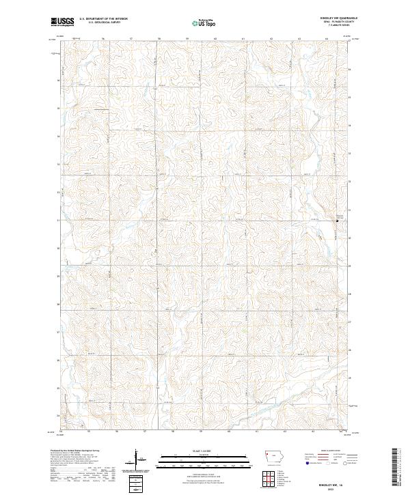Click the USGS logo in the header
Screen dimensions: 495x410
pyautogui.click(x=64, y=22)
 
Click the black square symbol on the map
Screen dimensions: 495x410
pyautogui.click(x=336, y=221)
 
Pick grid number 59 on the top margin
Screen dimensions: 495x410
pyautogui.click(x=187, y=39)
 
